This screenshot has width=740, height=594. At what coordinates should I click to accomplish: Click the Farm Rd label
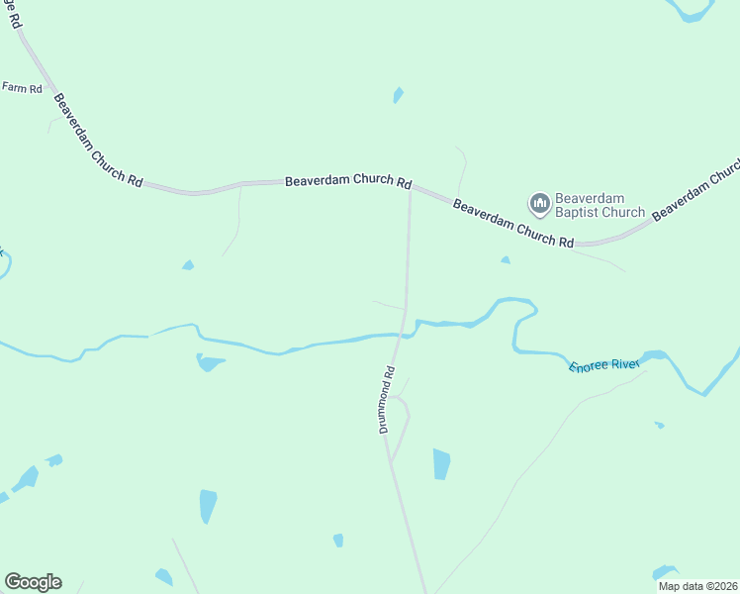click(x=22, y=88)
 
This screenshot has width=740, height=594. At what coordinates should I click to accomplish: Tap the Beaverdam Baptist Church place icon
click(x=539, y=204)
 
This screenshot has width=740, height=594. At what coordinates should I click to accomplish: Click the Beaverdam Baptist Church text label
click(x=600, y=205)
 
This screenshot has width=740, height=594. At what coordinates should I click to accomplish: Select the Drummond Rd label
click(x=387, y=400)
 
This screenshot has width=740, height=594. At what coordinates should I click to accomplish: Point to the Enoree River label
click(x=605, y=365)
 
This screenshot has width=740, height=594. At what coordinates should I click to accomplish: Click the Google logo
click(x=33, y=582)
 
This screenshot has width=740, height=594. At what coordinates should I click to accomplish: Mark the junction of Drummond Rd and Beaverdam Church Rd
click(x=411, y=188)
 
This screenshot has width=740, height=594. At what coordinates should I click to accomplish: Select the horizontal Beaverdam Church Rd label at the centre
click(x=347, y=182)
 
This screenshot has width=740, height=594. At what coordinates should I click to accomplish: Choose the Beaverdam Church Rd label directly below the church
click(x=513, y=223)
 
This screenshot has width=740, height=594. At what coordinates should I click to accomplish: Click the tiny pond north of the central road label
click(x=398, y=95)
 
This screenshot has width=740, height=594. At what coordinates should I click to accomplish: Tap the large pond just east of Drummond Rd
click(x=441, y=463)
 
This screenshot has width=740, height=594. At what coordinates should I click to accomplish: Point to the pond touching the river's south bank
click(x=209, y=362)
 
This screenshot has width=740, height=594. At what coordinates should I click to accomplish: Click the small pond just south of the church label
click(x=506, y=260)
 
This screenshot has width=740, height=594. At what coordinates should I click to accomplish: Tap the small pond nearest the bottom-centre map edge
click(x=338, y=540)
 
